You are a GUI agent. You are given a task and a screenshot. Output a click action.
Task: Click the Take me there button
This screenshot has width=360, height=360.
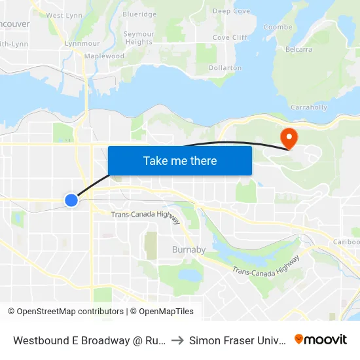180,160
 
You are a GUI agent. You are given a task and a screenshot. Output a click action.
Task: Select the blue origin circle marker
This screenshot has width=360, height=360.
71,200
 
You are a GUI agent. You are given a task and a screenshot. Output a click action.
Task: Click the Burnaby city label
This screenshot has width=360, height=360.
189,249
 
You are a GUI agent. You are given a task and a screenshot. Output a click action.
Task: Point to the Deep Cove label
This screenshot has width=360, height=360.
231,11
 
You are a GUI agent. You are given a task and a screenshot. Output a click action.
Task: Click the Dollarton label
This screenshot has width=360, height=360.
225,67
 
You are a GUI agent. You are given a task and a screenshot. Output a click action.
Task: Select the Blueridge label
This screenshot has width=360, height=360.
139,14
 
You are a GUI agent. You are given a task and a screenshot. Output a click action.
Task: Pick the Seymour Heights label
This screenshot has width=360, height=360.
139,38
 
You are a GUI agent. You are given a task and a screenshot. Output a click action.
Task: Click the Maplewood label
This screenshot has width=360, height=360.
104,56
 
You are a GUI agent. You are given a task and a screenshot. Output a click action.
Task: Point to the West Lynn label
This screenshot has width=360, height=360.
64,15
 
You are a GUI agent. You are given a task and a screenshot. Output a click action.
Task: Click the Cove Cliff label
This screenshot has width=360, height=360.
230,37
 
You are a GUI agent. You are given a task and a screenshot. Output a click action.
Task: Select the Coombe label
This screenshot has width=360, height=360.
278,27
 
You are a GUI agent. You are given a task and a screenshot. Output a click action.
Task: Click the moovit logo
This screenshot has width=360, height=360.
321,339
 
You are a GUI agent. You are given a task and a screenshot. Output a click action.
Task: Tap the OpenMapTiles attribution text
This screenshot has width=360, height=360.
162,312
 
